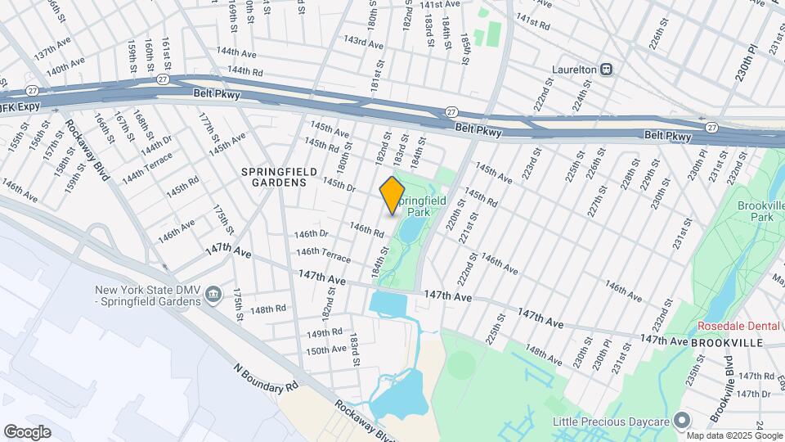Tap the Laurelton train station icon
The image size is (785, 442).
pos(608,70)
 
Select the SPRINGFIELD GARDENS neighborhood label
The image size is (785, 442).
pos(274,177)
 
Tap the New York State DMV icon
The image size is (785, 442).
pos(213,294)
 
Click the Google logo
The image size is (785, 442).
pos(27,431)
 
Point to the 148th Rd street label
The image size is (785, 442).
pos(267,309)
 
